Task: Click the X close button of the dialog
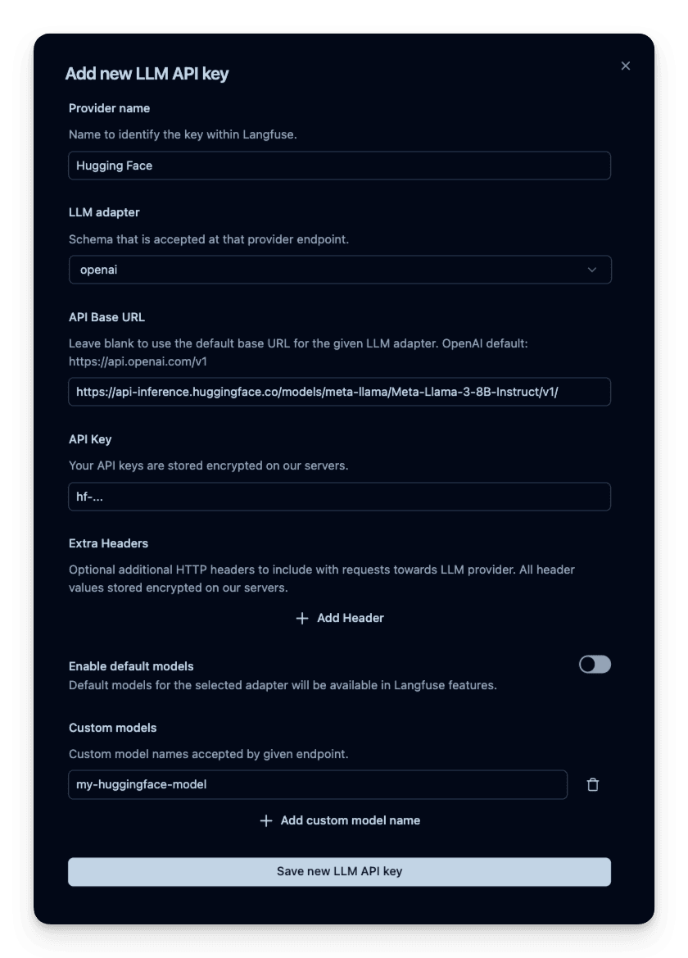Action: (626, 66)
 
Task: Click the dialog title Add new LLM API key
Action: (147, 74)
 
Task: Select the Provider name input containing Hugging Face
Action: (339, 166)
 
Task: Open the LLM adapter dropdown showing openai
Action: (339, 270)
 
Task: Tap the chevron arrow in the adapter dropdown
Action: (592, 270)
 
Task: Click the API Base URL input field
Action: (339, 392)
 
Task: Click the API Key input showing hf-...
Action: (339, 497)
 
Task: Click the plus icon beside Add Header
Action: (302, 618)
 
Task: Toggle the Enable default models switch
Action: (595, 665)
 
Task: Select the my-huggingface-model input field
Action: (317, 784)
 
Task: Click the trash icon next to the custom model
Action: (593, 784)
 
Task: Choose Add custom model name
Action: (350, 820)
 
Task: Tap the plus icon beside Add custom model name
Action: (265, 820)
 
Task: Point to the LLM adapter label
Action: (104, 212)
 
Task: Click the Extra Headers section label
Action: (108, 543)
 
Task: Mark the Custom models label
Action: (112, 728)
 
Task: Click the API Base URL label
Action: (106, 317)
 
